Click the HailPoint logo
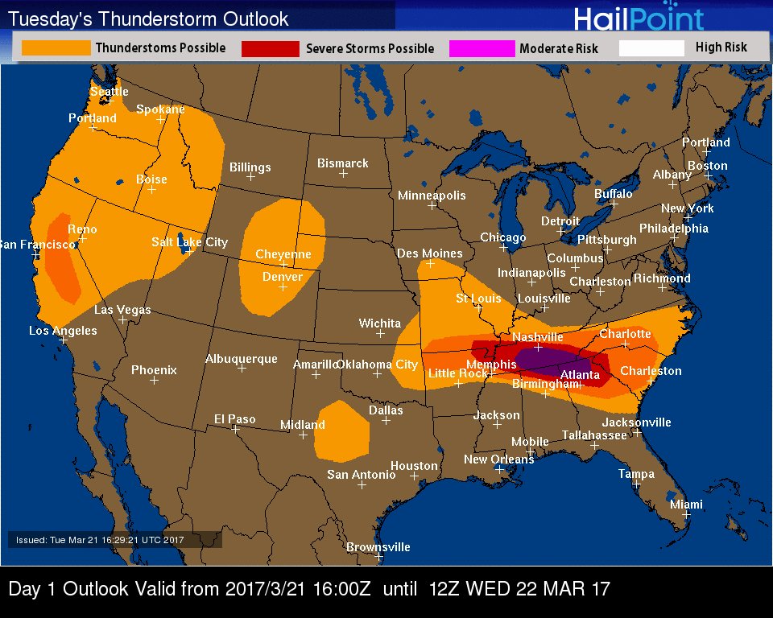(639, 18)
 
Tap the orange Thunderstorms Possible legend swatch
(56, 48)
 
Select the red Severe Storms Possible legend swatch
(270, 49)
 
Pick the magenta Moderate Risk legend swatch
(482, 49)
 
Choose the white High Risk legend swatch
(651, 48)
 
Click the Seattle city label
(109, 92)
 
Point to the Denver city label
(283, 277)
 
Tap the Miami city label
(686, 505)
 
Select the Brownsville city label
(378, 547)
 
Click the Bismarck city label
(342, 163)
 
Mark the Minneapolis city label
(432, 196)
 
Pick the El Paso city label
(234, 418)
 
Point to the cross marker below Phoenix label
(154, 380)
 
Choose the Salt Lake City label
(189, 241)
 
